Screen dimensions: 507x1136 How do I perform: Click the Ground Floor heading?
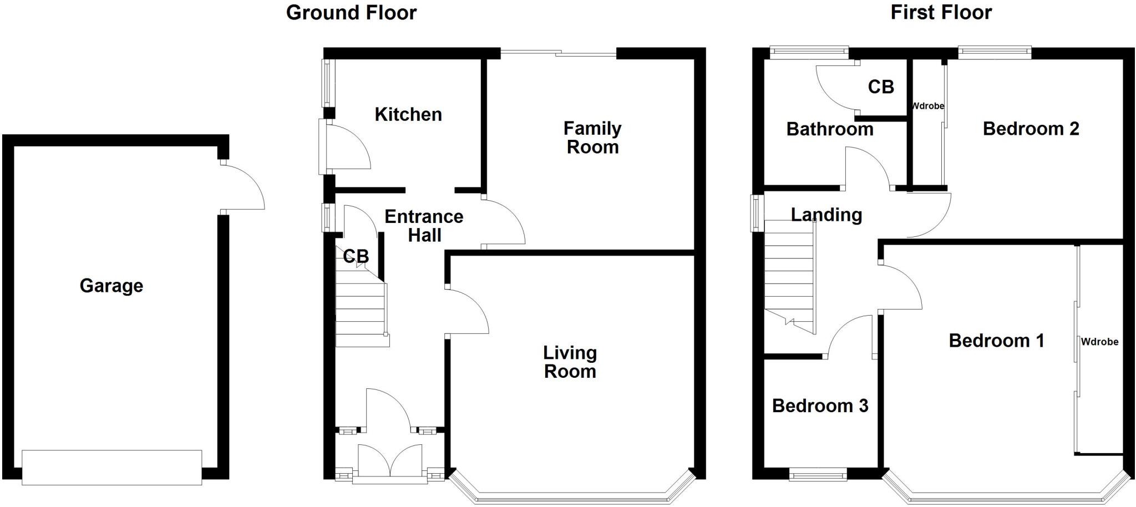coord(351,13)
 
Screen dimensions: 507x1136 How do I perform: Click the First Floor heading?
coord(941,12)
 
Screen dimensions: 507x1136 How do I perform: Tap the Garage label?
coord(111,286)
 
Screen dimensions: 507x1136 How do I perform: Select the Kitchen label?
coord(408,114)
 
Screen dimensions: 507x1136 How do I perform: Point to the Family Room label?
coord(592,138)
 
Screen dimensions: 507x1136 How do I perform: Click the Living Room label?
coord(570,362)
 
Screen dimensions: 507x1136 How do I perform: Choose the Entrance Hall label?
coord(424,225)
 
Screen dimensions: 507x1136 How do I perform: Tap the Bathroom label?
coord(830,129)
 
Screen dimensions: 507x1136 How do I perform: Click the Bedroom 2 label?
coord(1031,129)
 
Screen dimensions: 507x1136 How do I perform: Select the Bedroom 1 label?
coord(996,340)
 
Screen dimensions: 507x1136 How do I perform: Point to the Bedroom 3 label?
coord(820,405)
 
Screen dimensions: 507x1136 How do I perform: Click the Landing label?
coord(826,215)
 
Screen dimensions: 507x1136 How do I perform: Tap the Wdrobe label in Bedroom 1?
coord(1099,342)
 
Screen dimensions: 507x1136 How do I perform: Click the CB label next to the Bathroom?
coord(881,87)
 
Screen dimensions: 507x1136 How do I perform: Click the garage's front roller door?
coord(111,467)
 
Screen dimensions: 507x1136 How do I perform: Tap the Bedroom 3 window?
coord(818,474)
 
